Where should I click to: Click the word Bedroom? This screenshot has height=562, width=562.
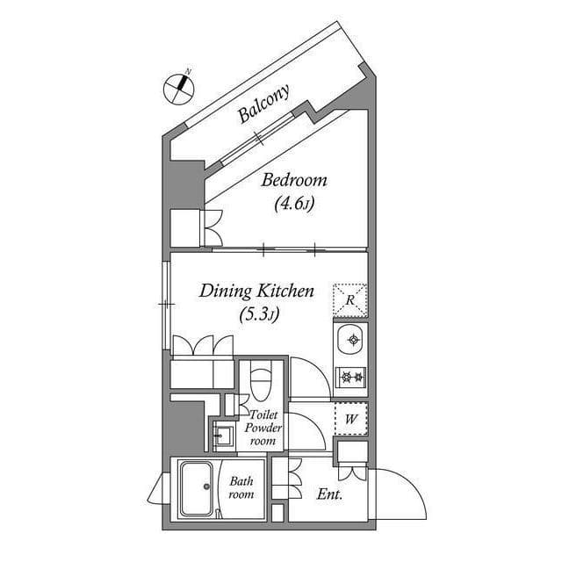point(294,181)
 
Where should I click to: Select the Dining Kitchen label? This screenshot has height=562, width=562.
point(256,291)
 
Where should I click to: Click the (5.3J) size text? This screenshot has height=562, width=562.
point(258,314)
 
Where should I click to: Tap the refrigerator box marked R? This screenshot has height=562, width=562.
point(350,300)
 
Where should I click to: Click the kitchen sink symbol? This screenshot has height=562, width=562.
point(351,339)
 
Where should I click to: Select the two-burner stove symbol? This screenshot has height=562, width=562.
point(351,376)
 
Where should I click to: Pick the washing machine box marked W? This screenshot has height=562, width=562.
point(350,419)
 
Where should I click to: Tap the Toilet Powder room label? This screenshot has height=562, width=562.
point(265,427)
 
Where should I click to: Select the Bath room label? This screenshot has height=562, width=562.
point(241,487)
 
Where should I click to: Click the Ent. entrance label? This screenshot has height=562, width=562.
point(329,494)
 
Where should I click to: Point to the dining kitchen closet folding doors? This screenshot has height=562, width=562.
point(203,345)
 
